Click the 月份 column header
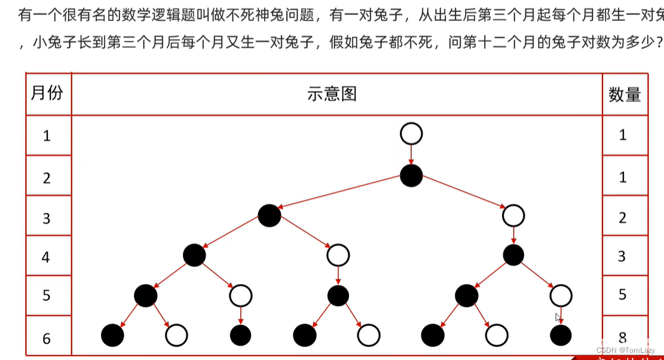pos(47,93)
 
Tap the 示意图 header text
pos(332,93)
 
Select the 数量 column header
pos(625,94)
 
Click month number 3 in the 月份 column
pos(47,218)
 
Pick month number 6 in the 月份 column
pos(47,339)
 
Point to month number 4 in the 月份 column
pos(47,257)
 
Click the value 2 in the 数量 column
pos(623,218)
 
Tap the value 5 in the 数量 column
pos(623,295)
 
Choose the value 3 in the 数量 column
pos(622,257)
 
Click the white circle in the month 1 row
pos(411,134)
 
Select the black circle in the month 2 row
pos(411,175)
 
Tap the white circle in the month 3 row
pos(513,215)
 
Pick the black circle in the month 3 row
pos(270,215)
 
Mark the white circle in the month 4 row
pos(338,255)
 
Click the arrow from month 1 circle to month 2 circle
pos(411,154)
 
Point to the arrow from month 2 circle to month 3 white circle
pos(463,195)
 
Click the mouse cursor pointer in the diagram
pos(558,318)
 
